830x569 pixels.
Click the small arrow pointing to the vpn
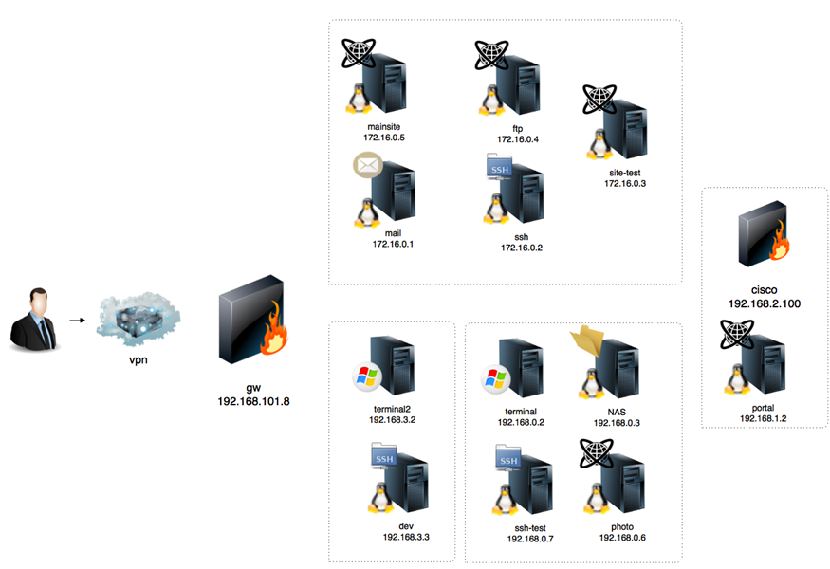pos(75,321)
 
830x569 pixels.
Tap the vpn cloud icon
pos(137,317)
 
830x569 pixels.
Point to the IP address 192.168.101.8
pos(253,401)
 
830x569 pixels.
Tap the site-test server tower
pos(627,128)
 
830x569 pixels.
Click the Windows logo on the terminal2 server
pos(365,377)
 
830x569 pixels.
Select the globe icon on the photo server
pos(598,455)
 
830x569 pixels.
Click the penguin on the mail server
pos(363,211)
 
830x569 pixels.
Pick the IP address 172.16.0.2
pos(522,248)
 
